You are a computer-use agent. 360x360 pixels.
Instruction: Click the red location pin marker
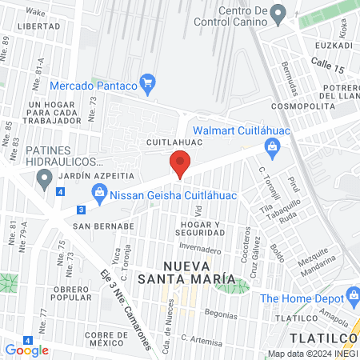179,165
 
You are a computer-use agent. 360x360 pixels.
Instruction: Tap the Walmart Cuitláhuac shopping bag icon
272,146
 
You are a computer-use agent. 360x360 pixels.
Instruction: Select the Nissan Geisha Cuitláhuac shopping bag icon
99,191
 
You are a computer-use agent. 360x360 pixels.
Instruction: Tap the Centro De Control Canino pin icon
278,13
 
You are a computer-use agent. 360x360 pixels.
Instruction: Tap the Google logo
26,350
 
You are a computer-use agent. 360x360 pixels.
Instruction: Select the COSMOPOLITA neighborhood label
299,105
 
